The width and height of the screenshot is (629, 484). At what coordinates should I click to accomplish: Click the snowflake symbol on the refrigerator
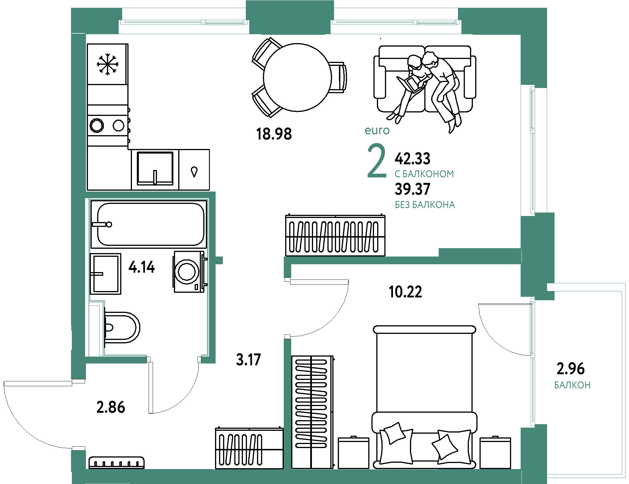click(x=108, y=64)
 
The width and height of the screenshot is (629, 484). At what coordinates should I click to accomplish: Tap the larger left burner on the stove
click(x=97, y=125)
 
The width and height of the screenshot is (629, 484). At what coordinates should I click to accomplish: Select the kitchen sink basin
click(x=155, y=168)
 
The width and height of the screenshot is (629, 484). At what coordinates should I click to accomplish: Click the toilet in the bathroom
click(x=122, y=328)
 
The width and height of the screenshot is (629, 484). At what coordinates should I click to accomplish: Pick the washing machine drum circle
click(x=187, y=271)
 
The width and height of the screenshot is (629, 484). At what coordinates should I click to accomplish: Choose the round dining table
click(x=298, y=77)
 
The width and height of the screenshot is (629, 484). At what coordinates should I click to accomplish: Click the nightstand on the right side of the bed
click(x=495, y=453)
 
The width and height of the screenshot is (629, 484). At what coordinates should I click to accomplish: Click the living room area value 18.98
click(x=274, y=134)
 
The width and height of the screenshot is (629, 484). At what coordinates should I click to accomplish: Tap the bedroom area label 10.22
click(x=405, y=292)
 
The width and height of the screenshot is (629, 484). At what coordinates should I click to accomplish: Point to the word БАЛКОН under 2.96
click(x=572, y=385)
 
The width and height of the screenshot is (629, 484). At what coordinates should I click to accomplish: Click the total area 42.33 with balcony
click(x=413, y=158)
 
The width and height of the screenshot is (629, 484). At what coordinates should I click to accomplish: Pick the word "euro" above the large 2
click(x=377, y=131)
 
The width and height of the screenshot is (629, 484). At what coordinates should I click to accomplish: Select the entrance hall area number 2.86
click(x=111, y=408)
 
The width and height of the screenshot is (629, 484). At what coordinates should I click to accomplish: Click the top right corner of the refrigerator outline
click(x=128, y=44)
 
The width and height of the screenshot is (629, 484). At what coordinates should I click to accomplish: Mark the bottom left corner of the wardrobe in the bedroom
click(x=292, y=468)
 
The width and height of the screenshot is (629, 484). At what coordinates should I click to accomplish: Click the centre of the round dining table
click(x=298, y=77)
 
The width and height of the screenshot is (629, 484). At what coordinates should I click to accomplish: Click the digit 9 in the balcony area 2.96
click(x=571, y=368)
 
